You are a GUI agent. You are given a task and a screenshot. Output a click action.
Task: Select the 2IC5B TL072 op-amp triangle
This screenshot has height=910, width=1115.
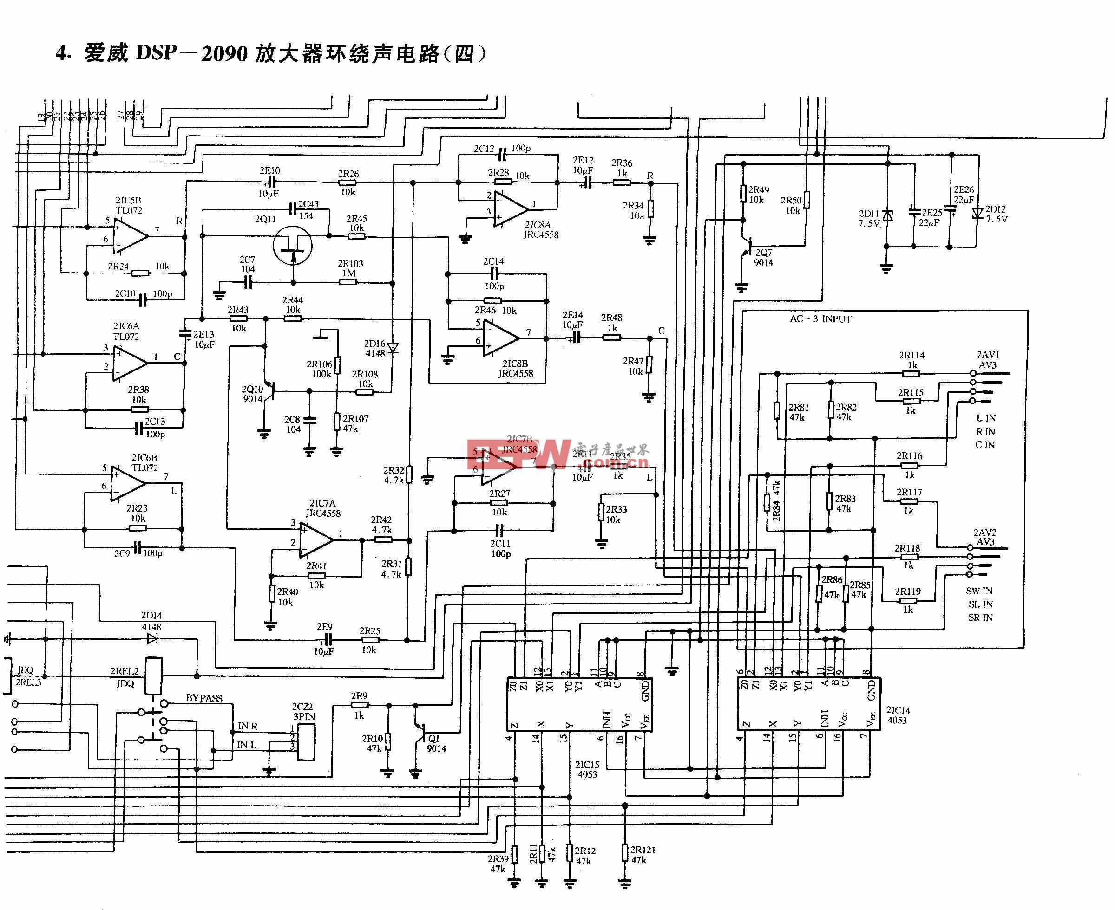coord(130,236)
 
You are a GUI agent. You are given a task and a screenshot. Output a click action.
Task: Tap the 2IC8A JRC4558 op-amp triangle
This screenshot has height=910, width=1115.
coord(510,208)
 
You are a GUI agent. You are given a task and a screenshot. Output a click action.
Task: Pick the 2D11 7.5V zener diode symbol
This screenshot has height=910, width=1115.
coord(887,215)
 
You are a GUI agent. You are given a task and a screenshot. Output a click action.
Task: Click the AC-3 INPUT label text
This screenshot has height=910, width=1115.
coord(821,318)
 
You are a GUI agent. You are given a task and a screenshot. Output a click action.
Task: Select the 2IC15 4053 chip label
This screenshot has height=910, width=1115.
coord(587,769)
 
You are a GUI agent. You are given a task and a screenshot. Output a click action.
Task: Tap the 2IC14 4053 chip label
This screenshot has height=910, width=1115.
coord(898,715)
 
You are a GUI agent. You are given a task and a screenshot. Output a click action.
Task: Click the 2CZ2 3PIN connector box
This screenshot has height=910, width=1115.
coord(306,742)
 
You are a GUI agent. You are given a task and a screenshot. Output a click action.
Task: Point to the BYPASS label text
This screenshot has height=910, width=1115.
coord(204,698)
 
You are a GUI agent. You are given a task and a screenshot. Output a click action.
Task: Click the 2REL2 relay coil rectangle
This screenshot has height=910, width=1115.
coord(154,676)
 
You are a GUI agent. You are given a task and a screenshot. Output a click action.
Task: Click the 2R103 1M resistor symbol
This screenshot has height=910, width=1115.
coord(348,282)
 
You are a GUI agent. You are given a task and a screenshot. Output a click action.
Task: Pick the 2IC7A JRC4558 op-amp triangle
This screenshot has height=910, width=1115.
coord(316,539)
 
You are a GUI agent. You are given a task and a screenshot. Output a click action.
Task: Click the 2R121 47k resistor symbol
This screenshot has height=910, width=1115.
coord(624,852)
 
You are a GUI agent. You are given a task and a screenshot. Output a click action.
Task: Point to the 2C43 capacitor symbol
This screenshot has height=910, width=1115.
coord(292,210)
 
